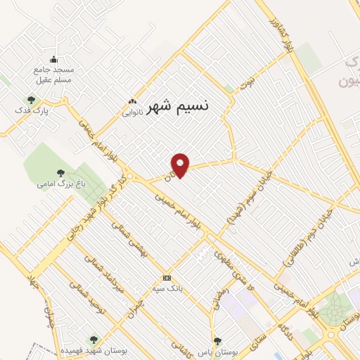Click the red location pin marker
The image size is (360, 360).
[181, 165]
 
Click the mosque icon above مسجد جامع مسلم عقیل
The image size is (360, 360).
[54, 59]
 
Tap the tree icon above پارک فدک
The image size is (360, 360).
[30, 100]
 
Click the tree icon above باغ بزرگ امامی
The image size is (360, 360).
[60, 173]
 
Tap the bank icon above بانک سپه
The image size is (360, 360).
[167, 277]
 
